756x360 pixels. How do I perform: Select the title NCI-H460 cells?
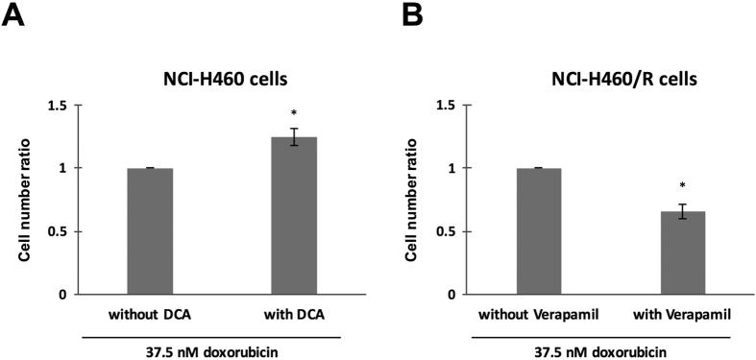[220, 81]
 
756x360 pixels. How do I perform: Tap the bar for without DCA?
[150, 230]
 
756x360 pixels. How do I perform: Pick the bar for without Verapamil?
[538, 230]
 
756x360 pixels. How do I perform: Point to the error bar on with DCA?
[294, 136]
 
